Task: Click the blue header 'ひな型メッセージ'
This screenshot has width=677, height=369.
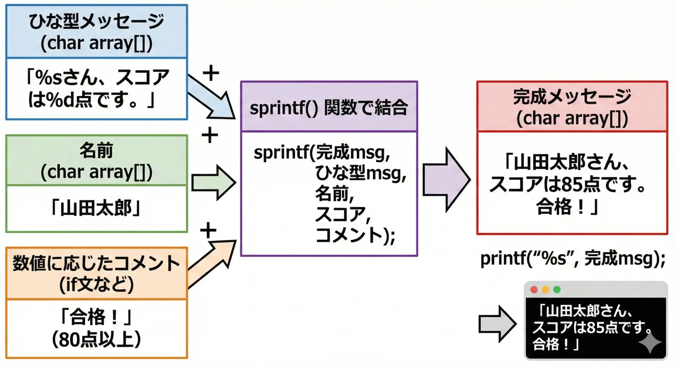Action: (96, 21)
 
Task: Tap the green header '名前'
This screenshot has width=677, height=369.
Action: (96, 150)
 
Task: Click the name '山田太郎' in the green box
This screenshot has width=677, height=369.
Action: (96, 208)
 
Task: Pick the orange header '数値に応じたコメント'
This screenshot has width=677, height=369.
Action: (96, 263)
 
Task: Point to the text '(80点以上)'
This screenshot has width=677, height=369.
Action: (96, 339)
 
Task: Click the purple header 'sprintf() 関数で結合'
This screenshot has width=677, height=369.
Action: (329, 107)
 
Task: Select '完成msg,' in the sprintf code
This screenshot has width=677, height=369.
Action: (353, 153)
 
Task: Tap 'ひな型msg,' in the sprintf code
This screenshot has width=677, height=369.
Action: (360, 173)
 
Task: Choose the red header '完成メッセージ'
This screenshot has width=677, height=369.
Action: (572, 97)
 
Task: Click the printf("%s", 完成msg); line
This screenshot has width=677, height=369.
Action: (573, 258)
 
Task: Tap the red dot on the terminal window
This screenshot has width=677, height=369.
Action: (534, 290)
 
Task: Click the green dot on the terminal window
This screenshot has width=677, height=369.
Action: (557, 290)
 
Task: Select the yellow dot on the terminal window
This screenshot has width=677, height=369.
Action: (545, 290)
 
